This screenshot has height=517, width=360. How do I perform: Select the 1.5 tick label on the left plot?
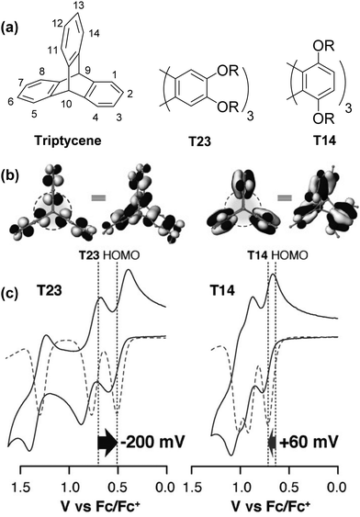click(x=21, y=485)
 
